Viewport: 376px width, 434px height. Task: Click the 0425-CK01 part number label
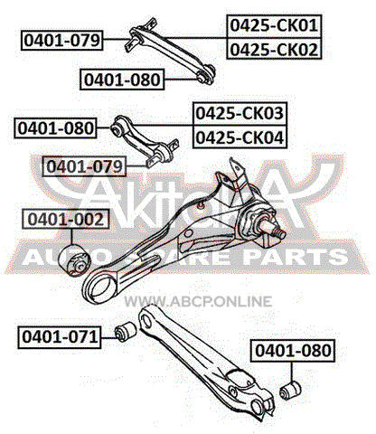[x=274, y=26]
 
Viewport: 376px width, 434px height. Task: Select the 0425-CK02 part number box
[x=274, y=49]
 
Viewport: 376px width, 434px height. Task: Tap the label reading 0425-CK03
[x=240, y=114]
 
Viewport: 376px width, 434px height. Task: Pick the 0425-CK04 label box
[x=240, y=137]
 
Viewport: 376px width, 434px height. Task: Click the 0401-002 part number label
[x=66, y=219]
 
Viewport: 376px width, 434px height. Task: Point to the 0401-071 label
[x=60, y=337]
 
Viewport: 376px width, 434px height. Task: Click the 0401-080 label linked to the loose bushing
[x=293, y=351]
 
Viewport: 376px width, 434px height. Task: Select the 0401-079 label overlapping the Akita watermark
[x=84, y=166]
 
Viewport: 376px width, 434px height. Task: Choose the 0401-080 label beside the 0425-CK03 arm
[x=56, y=128]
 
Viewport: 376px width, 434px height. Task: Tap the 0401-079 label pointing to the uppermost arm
[x=62, y=40]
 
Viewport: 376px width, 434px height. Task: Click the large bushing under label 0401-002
[x=74, y=260]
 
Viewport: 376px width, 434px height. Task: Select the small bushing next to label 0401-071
[x=126, y=332]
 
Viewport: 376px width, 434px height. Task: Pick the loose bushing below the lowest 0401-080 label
[x=290, y=391]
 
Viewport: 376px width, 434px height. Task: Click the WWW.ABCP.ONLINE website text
[x=198, y=301]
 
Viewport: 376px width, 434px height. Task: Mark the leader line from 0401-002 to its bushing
[x=72, y=237]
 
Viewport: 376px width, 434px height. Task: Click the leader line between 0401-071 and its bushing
[x=108, y=337]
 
